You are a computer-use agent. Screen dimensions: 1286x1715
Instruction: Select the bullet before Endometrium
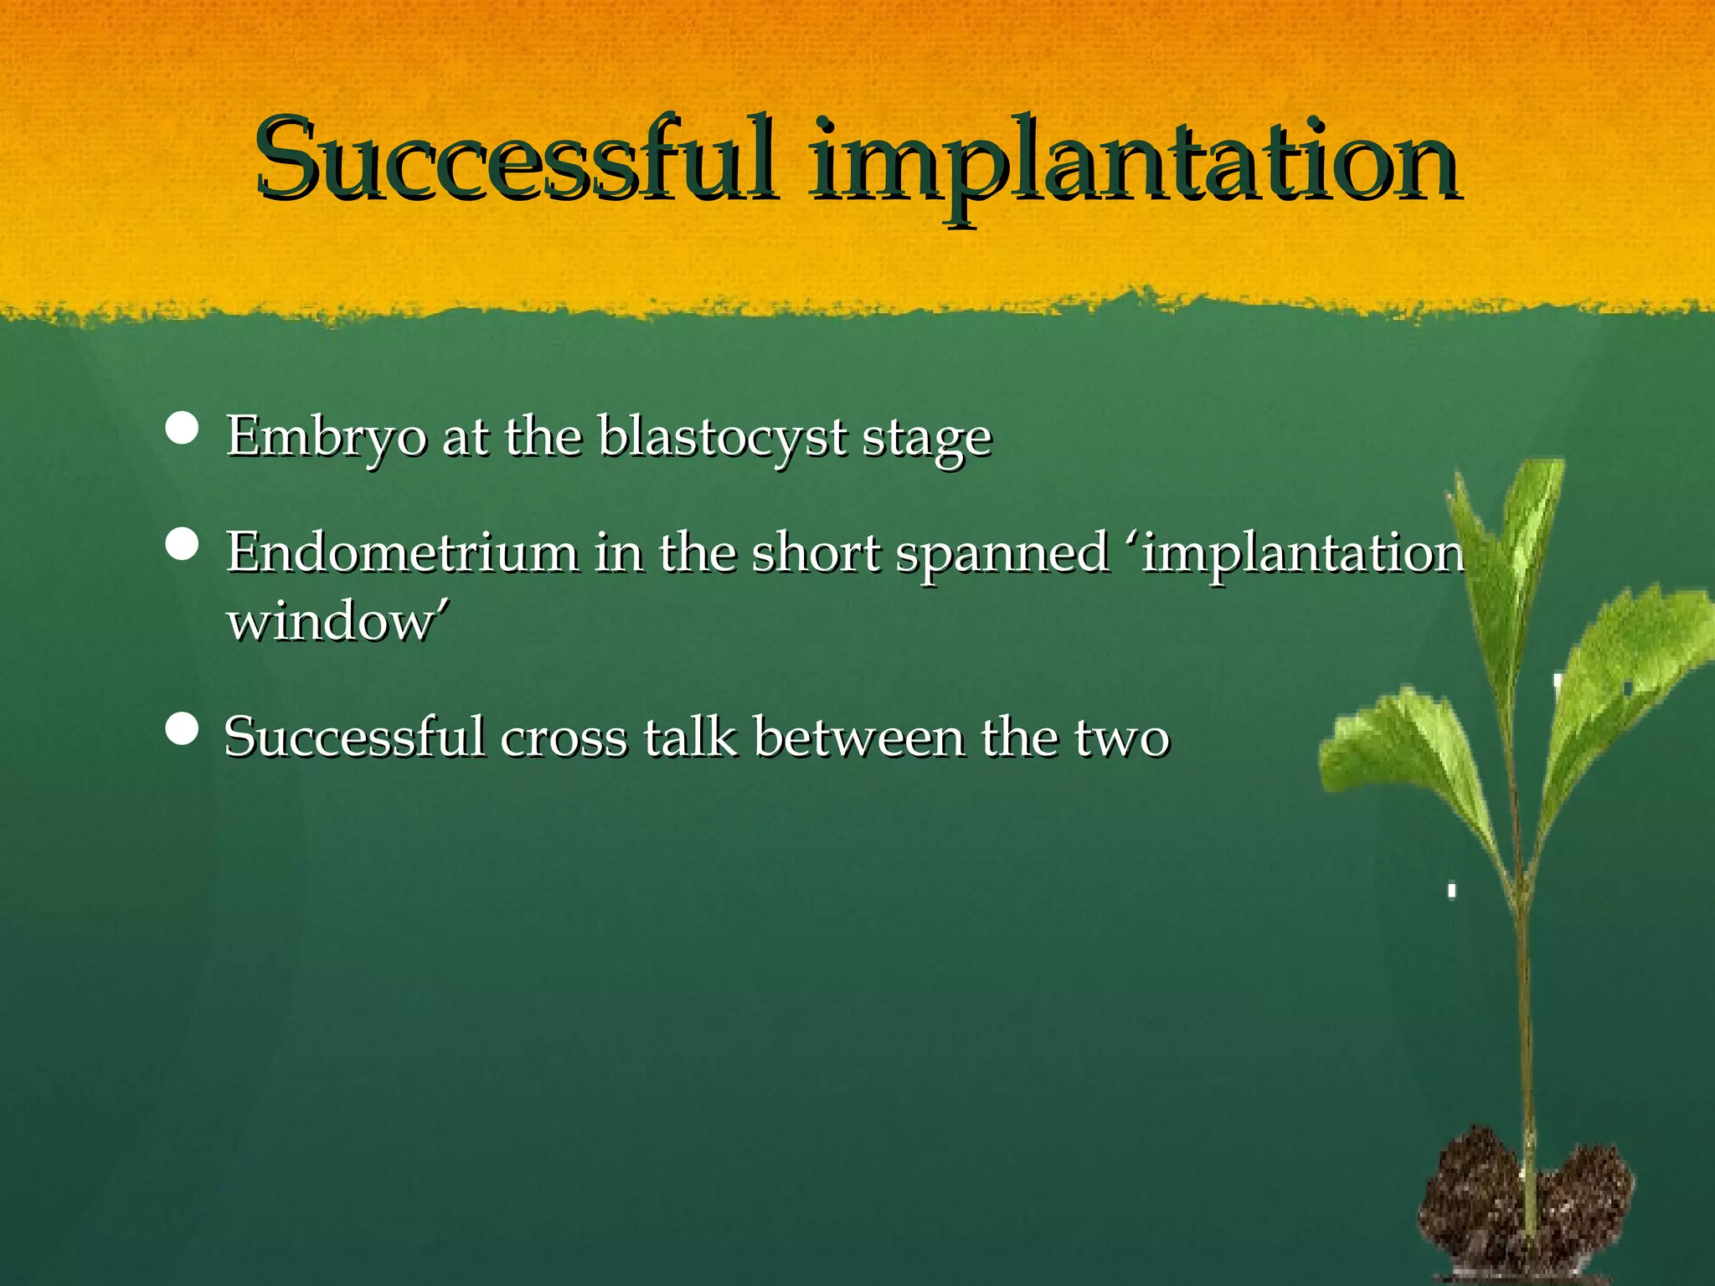[183, 544]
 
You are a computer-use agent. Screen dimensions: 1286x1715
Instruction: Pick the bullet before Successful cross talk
[183, 729]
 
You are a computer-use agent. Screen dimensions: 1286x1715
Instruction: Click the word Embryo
[326, 437]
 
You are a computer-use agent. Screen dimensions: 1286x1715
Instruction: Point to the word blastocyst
[722, 437]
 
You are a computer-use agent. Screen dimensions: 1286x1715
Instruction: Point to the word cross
[564, 738]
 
